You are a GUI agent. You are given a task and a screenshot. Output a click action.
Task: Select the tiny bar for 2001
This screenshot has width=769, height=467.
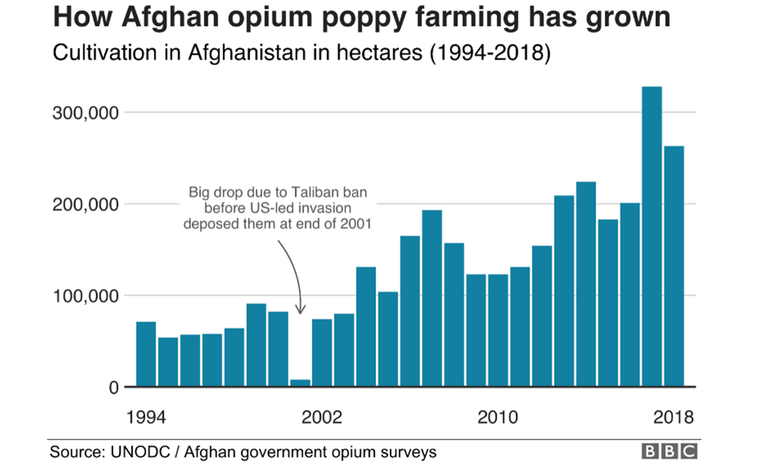[x=300, y=383]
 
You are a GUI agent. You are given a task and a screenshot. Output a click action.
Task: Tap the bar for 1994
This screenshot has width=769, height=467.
[x=146, y=354]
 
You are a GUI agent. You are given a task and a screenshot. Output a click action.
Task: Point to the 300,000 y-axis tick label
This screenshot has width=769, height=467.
[x=86, y=113]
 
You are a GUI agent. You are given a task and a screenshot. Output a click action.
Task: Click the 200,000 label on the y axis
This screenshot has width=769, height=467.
[x=86, y=205]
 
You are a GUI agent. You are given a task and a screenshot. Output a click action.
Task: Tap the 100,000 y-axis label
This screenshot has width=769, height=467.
[x=86, y=296]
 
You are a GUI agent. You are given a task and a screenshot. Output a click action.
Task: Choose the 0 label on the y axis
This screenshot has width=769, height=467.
[x=114, y=387]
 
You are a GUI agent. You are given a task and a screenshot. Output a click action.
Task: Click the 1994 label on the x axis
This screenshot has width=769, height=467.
[x=146, y=417]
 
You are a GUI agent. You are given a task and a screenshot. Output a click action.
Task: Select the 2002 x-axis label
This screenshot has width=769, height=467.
[x=322, y=417]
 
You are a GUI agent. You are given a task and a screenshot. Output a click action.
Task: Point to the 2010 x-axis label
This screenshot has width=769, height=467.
[x=498, y=417]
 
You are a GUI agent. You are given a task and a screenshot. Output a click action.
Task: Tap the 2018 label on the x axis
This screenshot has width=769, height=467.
[x=674, y=417]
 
